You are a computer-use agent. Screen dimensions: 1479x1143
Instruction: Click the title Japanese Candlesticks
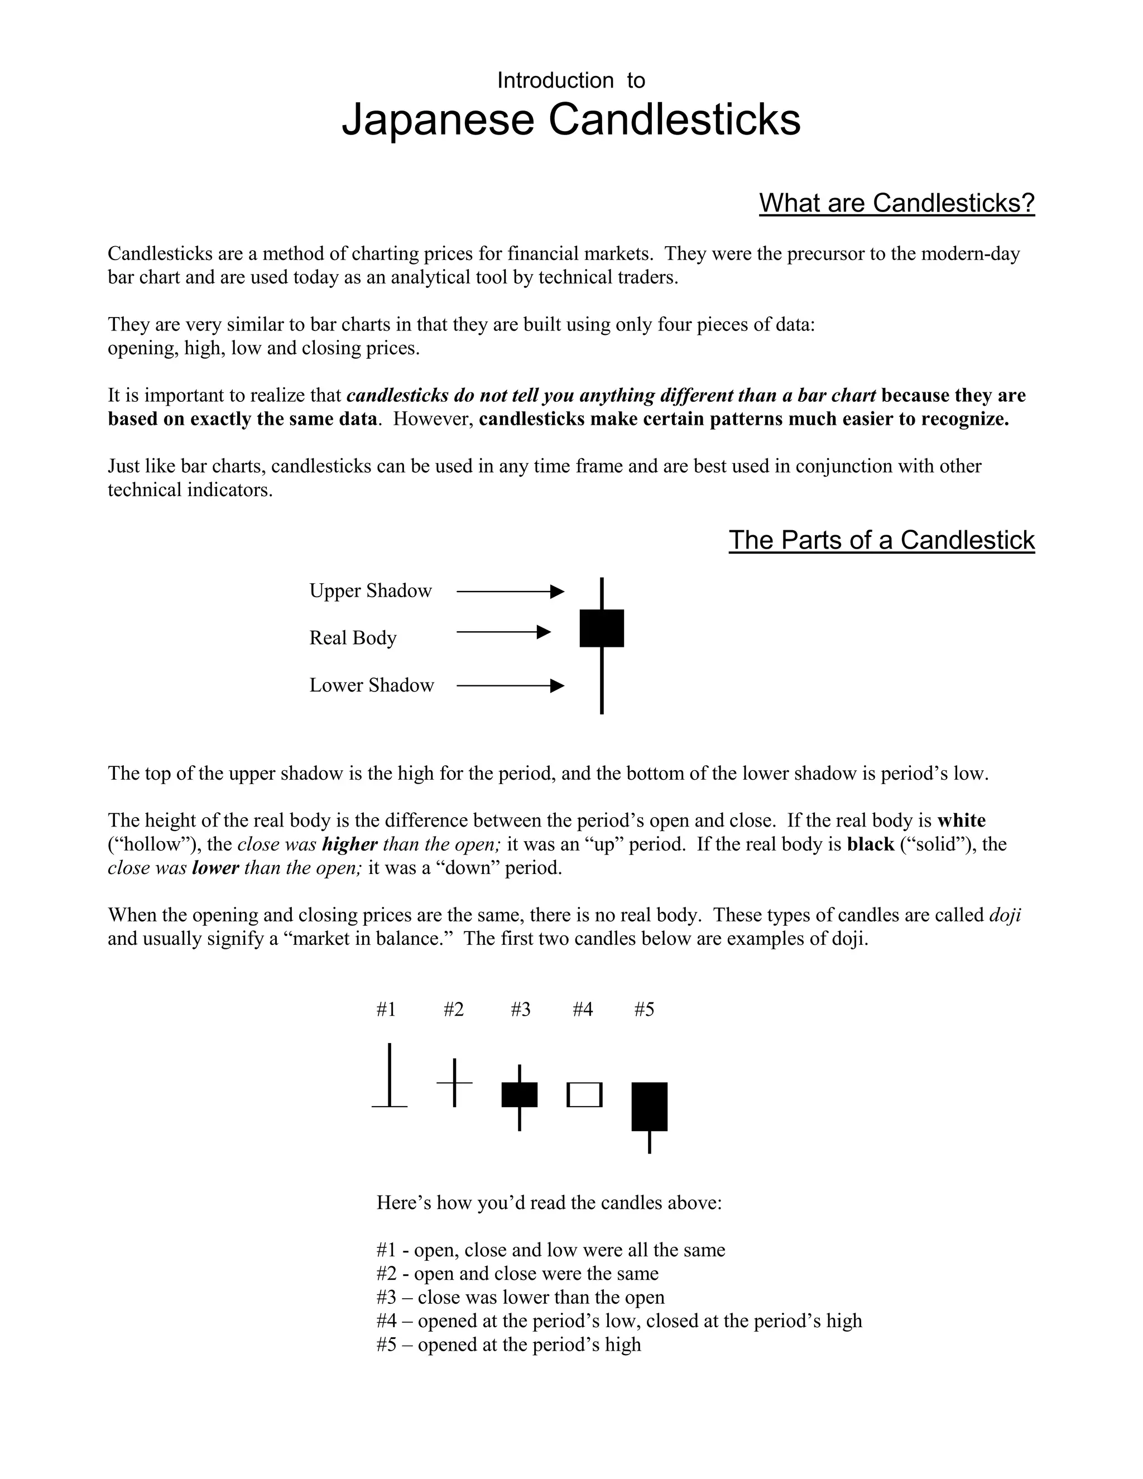click(571, 120)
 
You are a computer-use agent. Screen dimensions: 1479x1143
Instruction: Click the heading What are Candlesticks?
click(896, 203)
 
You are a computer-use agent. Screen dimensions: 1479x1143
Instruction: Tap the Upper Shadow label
click(371, 590)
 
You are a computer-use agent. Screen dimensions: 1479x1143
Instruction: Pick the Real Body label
click(353, 638)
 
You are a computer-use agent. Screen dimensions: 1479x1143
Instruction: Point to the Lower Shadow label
click(372, 685)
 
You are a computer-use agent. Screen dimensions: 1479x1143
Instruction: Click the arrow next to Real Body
click(504, 632)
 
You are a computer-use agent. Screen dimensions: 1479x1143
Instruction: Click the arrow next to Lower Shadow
click(511, 686)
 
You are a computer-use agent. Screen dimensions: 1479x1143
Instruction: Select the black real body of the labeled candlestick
click(601, 628)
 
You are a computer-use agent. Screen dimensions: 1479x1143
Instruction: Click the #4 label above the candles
click(582, 1010)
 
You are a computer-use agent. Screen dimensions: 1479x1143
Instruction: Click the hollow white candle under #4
click(584, 1094)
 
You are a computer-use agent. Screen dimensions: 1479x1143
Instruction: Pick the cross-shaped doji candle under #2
click(454, 1083)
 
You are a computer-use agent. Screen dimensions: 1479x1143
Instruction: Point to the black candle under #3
click(520, 1094)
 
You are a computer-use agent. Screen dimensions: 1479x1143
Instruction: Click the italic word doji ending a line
click(1005, 915)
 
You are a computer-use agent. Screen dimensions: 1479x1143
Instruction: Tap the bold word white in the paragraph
click(962, 821)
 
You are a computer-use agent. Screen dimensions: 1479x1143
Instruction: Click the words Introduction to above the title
click(571, 80)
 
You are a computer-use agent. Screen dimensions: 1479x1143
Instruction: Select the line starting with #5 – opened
click(508, 1344)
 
